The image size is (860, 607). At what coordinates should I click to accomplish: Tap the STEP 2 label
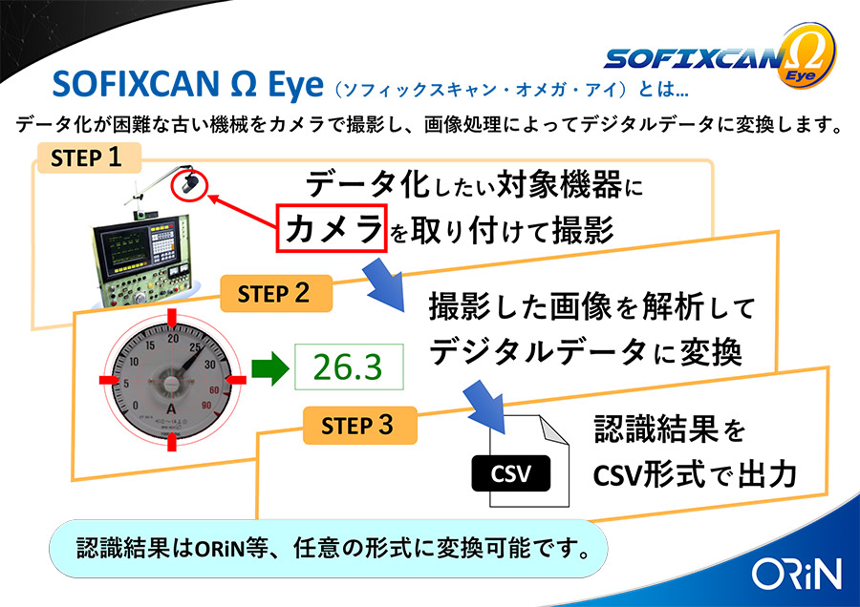tap(276, 294)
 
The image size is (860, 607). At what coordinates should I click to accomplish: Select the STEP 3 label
tap(360, 425)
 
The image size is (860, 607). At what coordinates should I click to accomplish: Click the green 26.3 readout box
tap(349, 366)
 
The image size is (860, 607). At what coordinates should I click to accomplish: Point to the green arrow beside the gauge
tap(269, 368)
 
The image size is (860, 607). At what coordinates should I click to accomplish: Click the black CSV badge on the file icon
tap(510, 473)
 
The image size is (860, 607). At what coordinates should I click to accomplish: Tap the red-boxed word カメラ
tap(332, 228)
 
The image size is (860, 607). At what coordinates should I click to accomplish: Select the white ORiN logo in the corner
tap(796, 575)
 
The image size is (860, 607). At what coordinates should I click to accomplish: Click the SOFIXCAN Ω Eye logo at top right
tap(720, 57)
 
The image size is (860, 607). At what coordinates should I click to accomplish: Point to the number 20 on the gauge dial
tap(173, 339)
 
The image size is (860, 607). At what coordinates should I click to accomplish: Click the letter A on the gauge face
tap(172, 408)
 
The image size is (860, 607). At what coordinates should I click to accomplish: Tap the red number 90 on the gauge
tap(206, 406)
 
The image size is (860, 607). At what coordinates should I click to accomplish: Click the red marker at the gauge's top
tap(172, 318)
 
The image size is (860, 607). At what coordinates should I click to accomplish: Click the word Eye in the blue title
tap(295, 86)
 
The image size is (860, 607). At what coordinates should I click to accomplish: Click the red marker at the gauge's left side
tap(109, 380)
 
